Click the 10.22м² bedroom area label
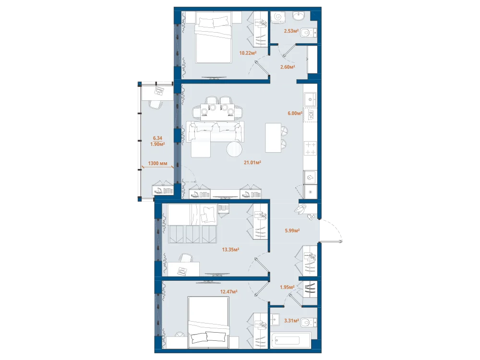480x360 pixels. click(x=248, y=53)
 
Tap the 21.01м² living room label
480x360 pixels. click(x=252, y=163)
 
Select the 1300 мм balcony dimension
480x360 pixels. click(x=157, y=164)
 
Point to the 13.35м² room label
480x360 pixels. click(x=230, y=250)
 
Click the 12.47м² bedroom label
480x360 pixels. click(x=228, y=292)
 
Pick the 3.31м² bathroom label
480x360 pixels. click(x=291, y=321)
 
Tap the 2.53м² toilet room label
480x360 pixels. click(x=291, y=31)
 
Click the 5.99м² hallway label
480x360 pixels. click(x=292, y=230)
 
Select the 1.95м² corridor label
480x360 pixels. click(x=287, y=287)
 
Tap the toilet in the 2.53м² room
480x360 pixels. click(x=308, y=32)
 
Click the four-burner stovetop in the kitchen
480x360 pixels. click(x=311, y=148)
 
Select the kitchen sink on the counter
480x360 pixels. click(x=310, y=99)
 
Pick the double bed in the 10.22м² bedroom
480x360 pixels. click(x=213, y=37)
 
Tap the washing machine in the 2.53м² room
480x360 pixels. click(x=278, y=17)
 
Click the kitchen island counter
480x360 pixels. click(x=273, y=137)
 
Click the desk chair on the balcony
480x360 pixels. click(x=156, y=104)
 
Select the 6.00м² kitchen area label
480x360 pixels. click(x=295, y=113)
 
